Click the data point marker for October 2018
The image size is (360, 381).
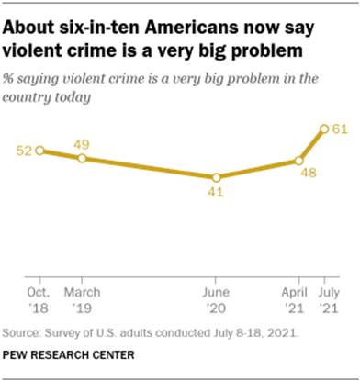(x=39, y=151)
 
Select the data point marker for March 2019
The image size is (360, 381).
(x=83, y=159)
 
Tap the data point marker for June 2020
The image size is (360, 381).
(x=216, y=177)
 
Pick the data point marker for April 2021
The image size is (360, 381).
(x=298, y=161)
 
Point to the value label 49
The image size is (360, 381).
(x=83, y=144)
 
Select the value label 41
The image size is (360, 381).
(x=216, y=193)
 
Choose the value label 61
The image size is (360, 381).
(x=340, y=129)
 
